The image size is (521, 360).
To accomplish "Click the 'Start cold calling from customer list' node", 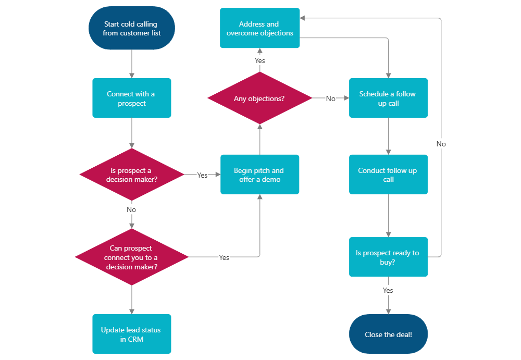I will click(x=131, y=28).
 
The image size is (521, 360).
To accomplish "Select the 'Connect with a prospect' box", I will click(x=131, y=98).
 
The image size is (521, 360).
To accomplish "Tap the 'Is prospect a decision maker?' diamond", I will click(x=131, y=175).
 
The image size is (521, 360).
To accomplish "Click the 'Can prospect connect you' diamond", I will click(x=131, y=257).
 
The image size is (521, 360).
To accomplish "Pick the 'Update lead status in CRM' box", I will click(x=131, y=334).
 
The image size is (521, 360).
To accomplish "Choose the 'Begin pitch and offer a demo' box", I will click(x=259, y=175).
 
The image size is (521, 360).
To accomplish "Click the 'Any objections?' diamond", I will click(x=259, y=98).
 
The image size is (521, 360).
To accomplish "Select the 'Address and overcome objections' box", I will click(x=259, y=28).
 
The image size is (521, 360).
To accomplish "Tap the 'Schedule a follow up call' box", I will click(x=388, y=98).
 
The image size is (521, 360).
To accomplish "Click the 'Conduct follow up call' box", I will click(x=388, y=175).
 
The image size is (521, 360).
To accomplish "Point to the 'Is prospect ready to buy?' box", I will click(x=388, y=257).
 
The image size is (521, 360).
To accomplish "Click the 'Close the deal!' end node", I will click(x=388, y=334).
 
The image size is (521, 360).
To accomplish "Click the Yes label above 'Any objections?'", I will click(x=259, y=60).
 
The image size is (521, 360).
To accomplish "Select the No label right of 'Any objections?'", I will click(x=330, y=98).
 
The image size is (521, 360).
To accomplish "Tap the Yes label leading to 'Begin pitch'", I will click(x=202, y=175).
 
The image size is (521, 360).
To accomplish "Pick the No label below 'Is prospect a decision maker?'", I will click(x=131, y=209).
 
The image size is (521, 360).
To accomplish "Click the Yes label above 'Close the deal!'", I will click(x=388, y=290).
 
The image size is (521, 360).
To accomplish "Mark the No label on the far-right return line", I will click(x=441, y=144).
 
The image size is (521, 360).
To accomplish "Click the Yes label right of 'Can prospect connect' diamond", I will click(x=224, y=257).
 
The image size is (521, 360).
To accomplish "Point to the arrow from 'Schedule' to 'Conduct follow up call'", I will click(x=388, y=135).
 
